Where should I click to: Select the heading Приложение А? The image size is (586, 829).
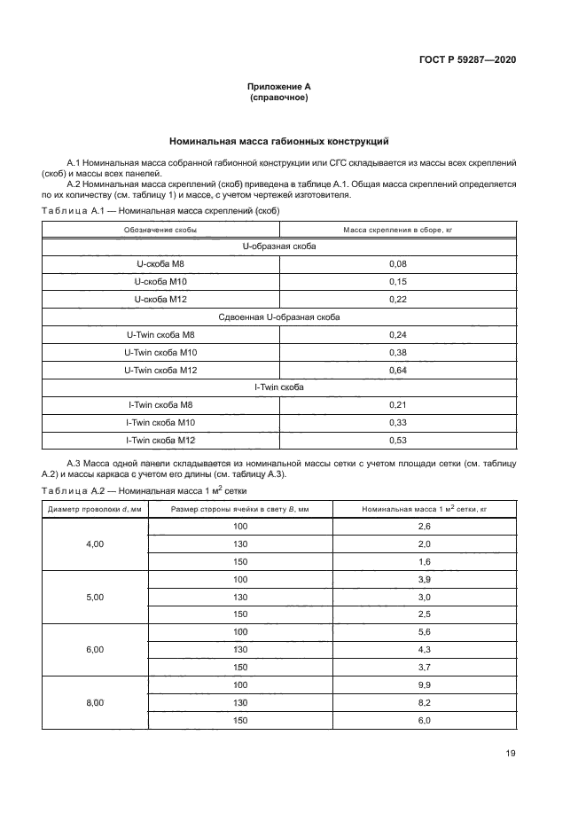[x=278, y=87]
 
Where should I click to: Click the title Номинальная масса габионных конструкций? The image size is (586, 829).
[x=278, y=141]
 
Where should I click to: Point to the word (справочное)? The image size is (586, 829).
[x=278, y=98]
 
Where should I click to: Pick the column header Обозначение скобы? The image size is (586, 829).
[x=160, y=230]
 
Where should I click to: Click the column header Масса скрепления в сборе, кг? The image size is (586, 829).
[x=397, y=230]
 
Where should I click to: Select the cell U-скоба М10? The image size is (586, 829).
[x=160, y=281]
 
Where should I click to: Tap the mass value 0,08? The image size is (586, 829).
[x=397, y=264]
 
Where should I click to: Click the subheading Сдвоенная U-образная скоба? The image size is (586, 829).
[x=278, y=317]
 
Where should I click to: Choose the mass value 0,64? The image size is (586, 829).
[x=397, y=370]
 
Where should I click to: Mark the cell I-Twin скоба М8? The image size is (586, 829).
[x=160, y=404]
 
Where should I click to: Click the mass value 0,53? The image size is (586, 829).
[x=397, y=440]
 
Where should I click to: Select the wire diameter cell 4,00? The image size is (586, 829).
[x=95, y=544]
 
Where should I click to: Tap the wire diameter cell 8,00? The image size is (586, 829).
[x=95, y=702]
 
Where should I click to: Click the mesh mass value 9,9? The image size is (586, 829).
[x=424, y=684]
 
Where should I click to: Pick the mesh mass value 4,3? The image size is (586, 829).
[x=424, y=649]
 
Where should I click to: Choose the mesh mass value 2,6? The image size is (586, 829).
[x=424, y=527]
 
